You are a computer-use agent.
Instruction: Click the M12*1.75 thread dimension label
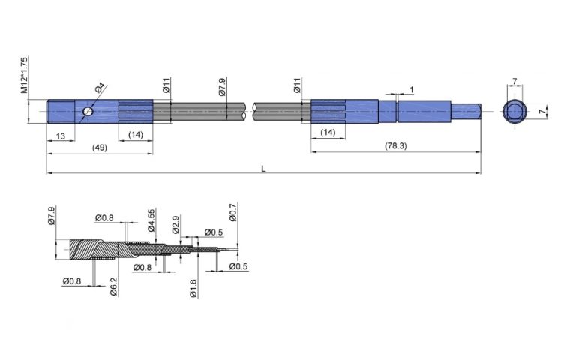25,74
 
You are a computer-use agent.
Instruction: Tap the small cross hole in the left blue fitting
88,112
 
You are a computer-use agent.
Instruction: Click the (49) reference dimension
99,148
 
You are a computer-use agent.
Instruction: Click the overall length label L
263,169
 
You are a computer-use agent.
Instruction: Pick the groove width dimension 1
411,90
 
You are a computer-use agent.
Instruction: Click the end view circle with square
515,112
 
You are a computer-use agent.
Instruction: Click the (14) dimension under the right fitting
328,133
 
